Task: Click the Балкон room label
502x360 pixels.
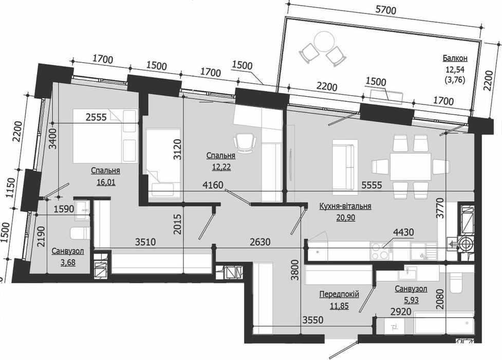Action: (x=455, y=58)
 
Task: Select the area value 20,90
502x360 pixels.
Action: (x=345, y=218)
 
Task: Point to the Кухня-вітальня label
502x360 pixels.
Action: (x=345, y=206)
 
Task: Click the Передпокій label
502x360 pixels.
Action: (x=339, y=294)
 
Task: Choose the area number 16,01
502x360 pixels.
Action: (x=106, y=182)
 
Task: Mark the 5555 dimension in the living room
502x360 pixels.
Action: (x=371, y=185)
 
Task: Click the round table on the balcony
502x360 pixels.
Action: (x=325, y=41)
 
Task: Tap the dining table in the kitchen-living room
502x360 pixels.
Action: (x=411, y=167)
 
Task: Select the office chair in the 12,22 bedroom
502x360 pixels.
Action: (x=245, y=142)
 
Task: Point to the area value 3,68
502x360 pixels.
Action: (x=67, y=263)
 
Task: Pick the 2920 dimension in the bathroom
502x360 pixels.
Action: (x=401, y=311)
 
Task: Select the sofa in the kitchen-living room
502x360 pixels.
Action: (x=345, y=167)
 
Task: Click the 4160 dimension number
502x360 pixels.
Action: (x=213, y=185)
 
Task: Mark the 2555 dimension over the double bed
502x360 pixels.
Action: (x=96, y=117)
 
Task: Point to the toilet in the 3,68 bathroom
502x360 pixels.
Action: (x=80, y=233)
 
